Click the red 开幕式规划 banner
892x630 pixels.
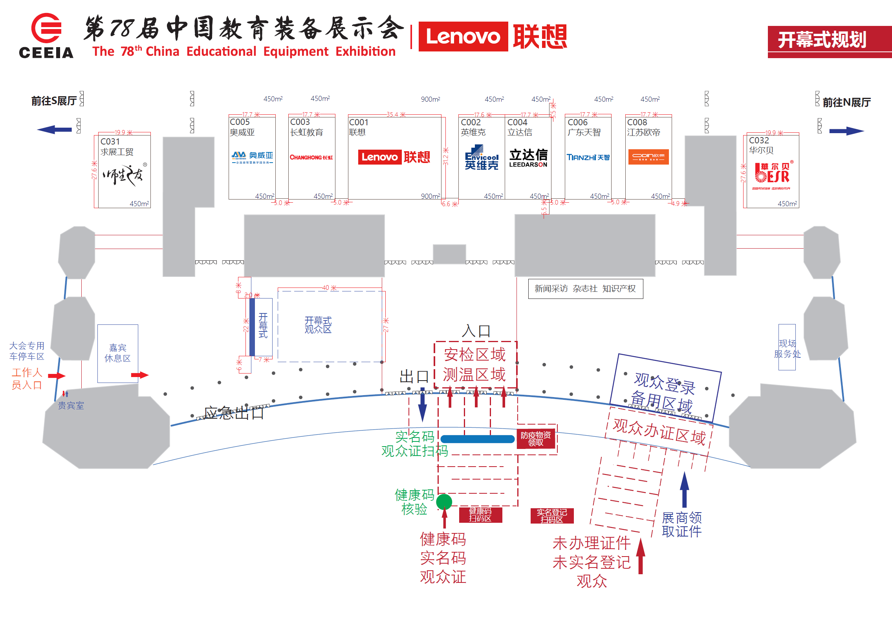click(829, 40)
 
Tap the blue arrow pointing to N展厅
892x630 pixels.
click(846, 131)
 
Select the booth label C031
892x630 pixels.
click(110, 141)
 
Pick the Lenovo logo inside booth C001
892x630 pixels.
click(394, 157)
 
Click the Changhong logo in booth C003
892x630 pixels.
click(311, 157)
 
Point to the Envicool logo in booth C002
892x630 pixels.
click(481, 157)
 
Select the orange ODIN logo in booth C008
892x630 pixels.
click(648, 157)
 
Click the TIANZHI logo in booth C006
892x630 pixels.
click(588, 157)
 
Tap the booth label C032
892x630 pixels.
click(758, 140)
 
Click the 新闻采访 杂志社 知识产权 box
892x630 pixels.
click(585, 289)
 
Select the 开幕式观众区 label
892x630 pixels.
click(318, 325)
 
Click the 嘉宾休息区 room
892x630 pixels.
click(117, 353)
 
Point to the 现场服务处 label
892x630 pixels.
click(787, 348)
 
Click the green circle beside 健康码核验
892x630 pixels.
click(444, 502)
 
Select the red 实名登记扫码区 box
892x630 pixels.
click(552, 516)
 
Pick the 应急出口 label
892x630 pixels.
click(234, 413)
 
